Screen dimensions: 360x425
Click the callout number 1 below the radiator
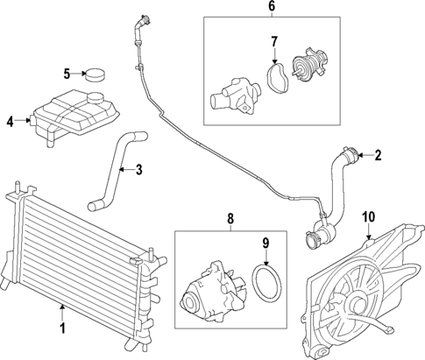[62, 329]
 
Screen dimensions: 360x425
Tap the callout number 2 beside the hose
[378, 157]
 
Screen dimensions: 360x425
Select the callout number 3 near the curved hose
[139, 170]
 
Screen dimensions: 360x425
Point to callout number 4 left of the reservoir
[10, 122]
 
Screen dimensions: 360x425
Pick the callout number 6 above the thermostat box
[271, 7]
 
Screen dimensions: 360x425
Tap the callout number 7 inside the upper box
[273, 41]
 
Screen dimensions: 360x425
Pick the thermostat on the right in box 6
[311, 67]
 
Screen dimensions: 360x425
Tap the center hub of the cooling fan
[356, 303]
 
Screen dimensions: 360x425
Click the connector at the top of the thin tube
[139, 22]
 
